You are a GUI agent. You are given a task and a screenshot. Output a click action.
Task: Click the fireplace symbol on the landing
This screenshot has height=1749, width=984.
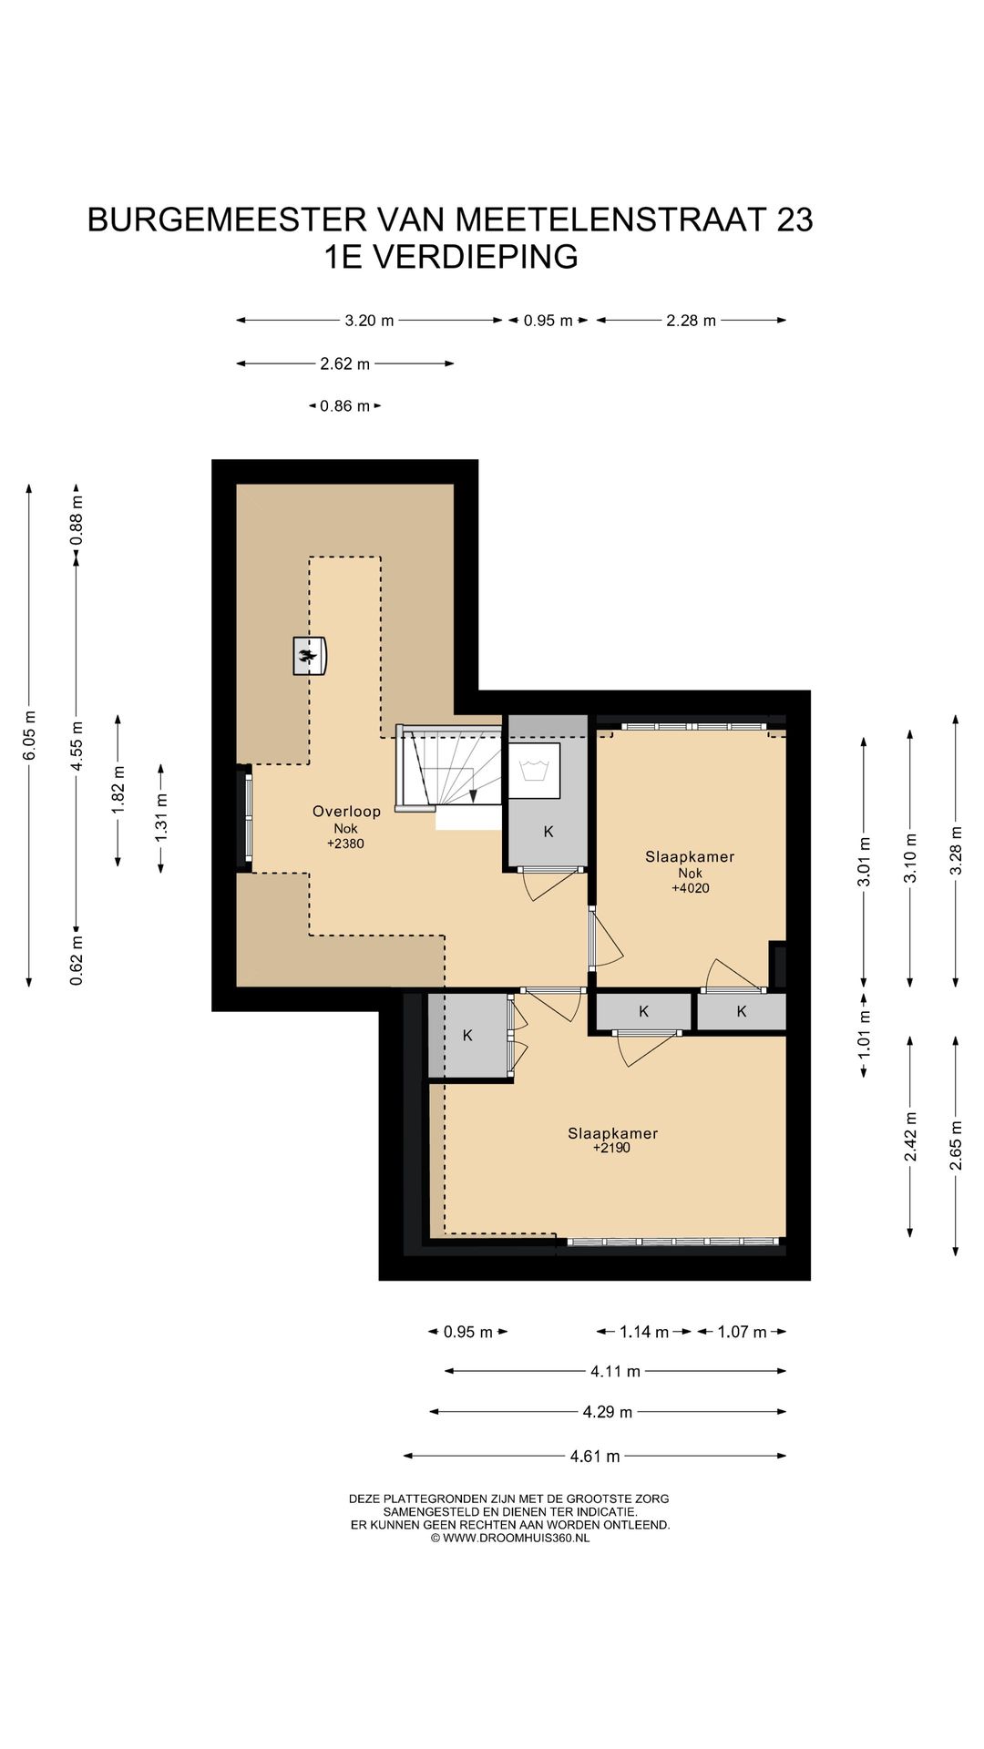(x=310, y=656)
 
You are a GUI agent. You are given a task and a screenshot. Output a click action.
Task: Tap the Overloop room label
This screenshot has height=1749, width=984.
(x=346, y=812)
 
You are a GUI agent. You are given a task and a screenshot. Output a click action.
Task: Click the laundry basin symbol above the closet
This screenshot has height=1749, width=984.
(x=533, y=771)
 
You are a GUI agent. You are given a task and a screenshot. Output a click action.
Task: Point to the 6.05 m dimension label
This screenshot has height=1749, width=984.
(x=29, y=735)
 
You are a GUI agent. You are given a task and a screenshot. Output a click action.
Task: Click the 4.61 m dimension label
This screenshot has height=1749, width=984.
(x=595, y=1457)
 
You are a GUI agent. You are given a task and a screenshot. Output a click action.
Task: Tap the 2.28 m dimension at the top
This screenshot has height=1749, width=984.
(x=691, y=321)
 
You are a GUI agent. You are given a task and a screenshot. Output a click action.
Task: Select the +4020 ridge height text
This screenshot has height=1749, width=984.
(x=691, y=888)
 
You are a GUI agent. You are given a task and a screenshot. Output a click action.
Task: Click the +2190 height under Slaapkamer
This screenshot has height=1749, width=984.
(x=611, y=1148)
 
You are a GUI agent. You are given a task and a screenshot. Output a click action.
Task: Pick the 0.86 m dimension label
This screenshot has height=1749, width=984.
(x=344, y=406)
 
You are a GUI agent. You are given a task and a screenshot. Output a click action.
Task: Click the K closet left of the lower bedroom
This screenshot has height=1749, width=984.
(x=467, y=1036)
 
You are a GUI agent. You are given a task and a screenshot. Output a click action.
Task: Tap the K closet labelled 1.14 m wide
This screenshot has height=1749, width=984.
(x=644, y=1011)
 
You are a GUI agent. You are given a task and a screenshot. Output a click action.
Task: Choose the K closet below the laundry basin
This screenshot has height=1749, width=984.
(x=548, y=832)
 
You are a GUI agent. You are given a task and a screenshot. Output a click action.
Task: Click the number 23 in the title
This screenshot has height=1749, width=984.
(x=794, y=220)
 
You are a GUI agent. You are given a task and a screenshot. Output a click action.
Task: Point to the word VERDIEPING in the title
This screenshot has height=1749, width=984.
(x=476, y=257)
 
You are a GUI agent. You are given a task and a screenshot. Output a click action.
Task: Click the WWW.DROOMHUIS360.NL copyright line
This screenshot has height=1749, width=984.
(x=510, y=1538)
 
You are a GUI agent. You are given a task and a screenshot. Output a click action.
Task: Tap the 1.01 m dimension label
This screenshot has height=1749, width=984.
(x=864, y=1034)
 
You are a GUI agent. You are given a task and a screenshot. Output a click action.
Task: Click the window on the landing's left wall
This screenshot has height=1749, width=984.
(x=247, y=817)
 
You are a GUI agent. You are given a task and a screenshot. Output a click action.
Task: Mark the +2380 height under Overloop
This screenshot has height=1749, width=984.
(x=345, y=844)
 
